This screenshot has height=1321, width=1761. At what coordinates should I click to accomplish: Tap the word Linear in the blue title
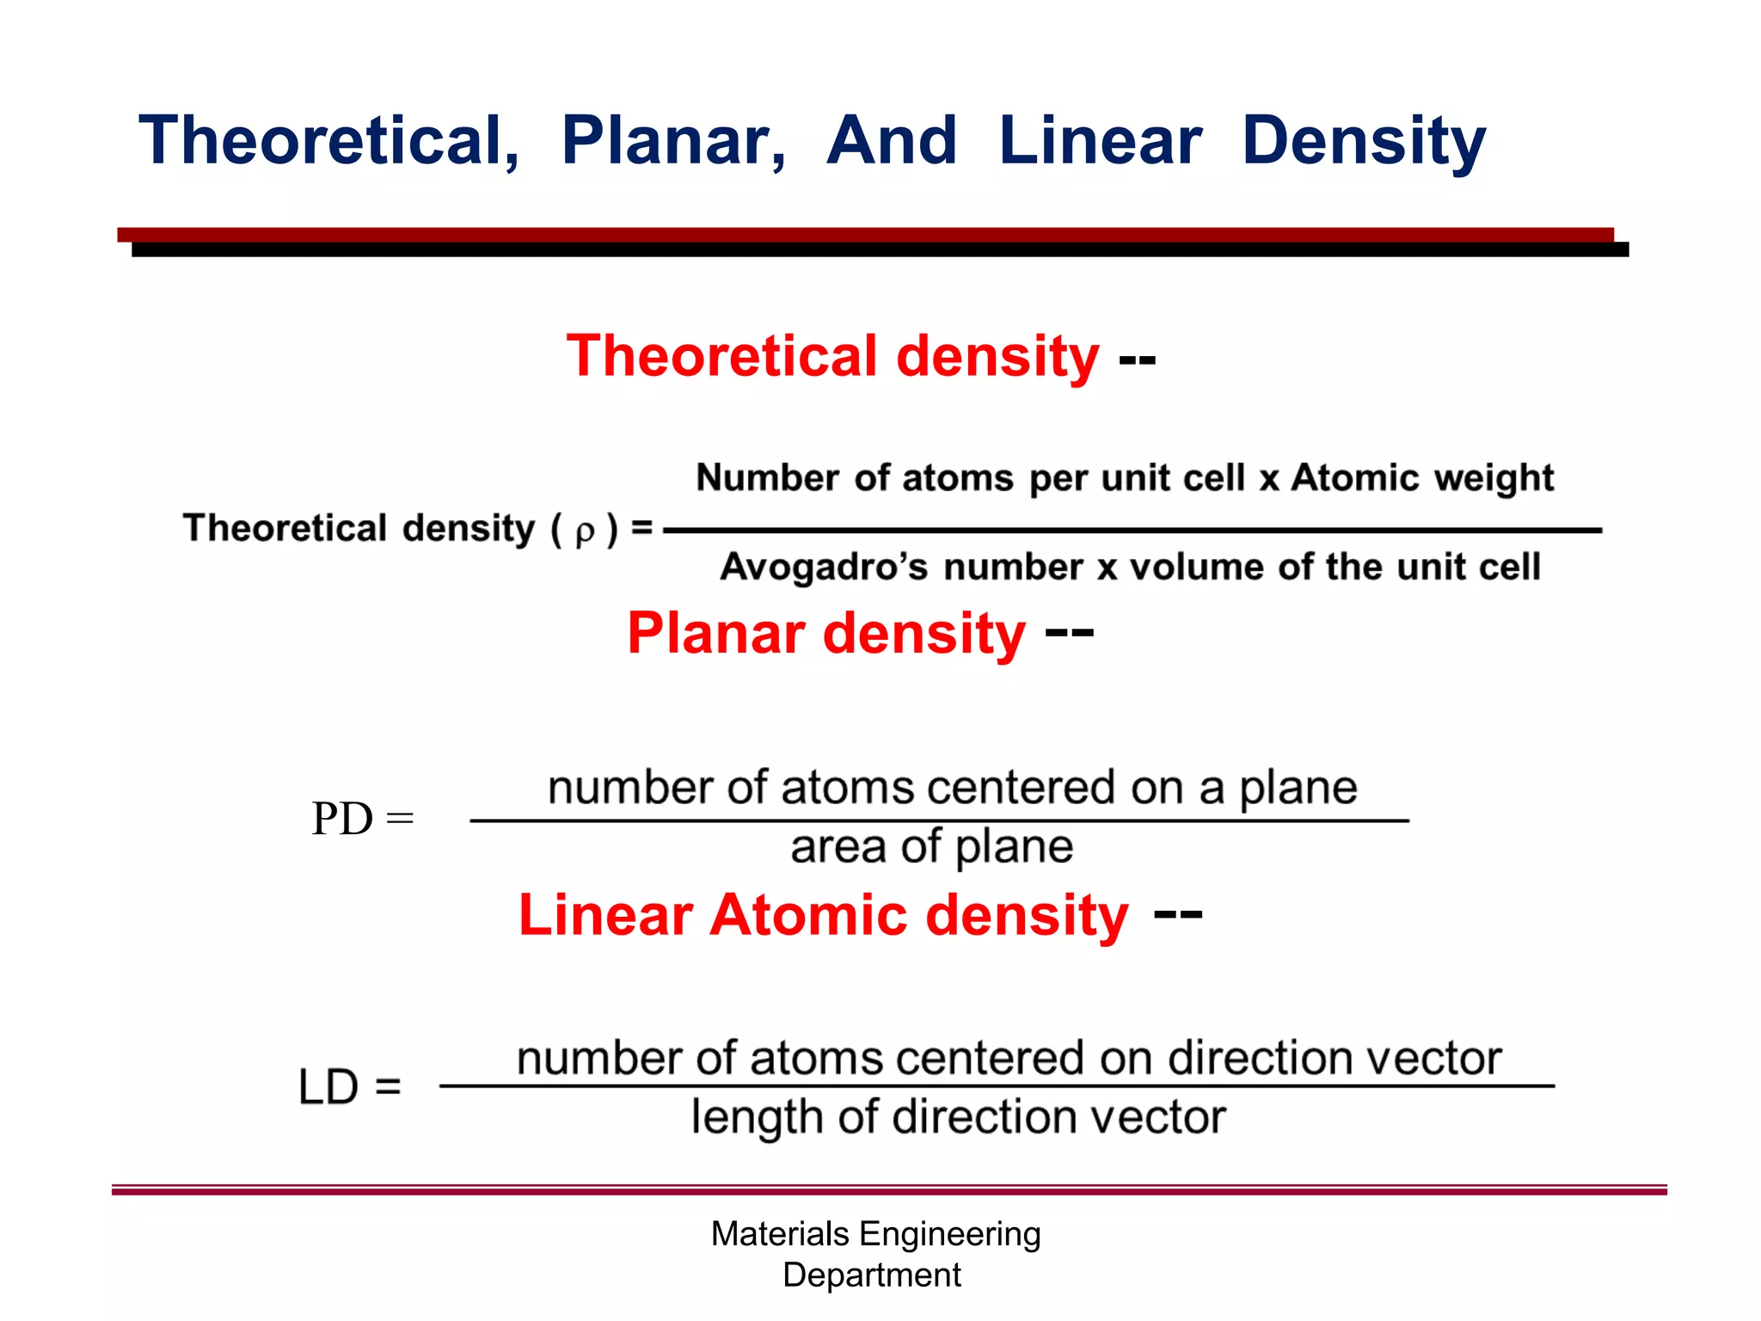1100,141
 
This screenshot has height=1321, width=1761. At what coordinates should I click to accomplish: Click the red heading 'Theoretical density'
832,356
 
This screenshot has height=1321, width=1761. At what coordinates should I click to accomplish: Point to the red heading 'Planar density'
826,633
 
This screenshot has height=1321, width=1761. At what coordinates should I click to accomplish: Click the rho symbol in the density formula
585,531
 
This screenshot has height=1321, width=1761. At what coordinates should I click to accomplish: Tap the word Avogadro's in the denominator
824,567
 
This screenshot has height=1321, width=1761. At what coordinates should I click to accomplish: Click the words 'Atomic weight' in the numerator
1422,477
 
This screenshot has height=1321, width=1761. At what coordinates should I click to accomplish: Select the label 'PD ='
362,818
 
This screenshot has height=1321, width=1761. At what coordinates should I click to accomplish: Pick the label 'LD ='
349,1086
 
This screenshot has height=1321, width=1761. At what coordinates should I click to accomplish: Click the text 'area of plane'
931,847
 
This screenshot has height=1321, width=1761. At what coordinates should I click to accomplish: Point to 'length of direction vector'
958,1117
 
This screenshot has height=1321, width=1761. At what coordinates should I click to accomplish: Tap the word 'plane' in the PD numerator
1298,788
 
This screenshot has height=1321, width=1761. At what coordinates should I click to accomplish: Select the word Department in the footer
871,1275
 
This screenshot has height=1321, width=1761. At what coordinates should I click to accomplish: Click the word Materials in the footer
780,1234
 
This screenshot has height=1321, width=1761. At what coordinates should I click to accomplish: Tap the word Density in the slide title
1364,141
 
